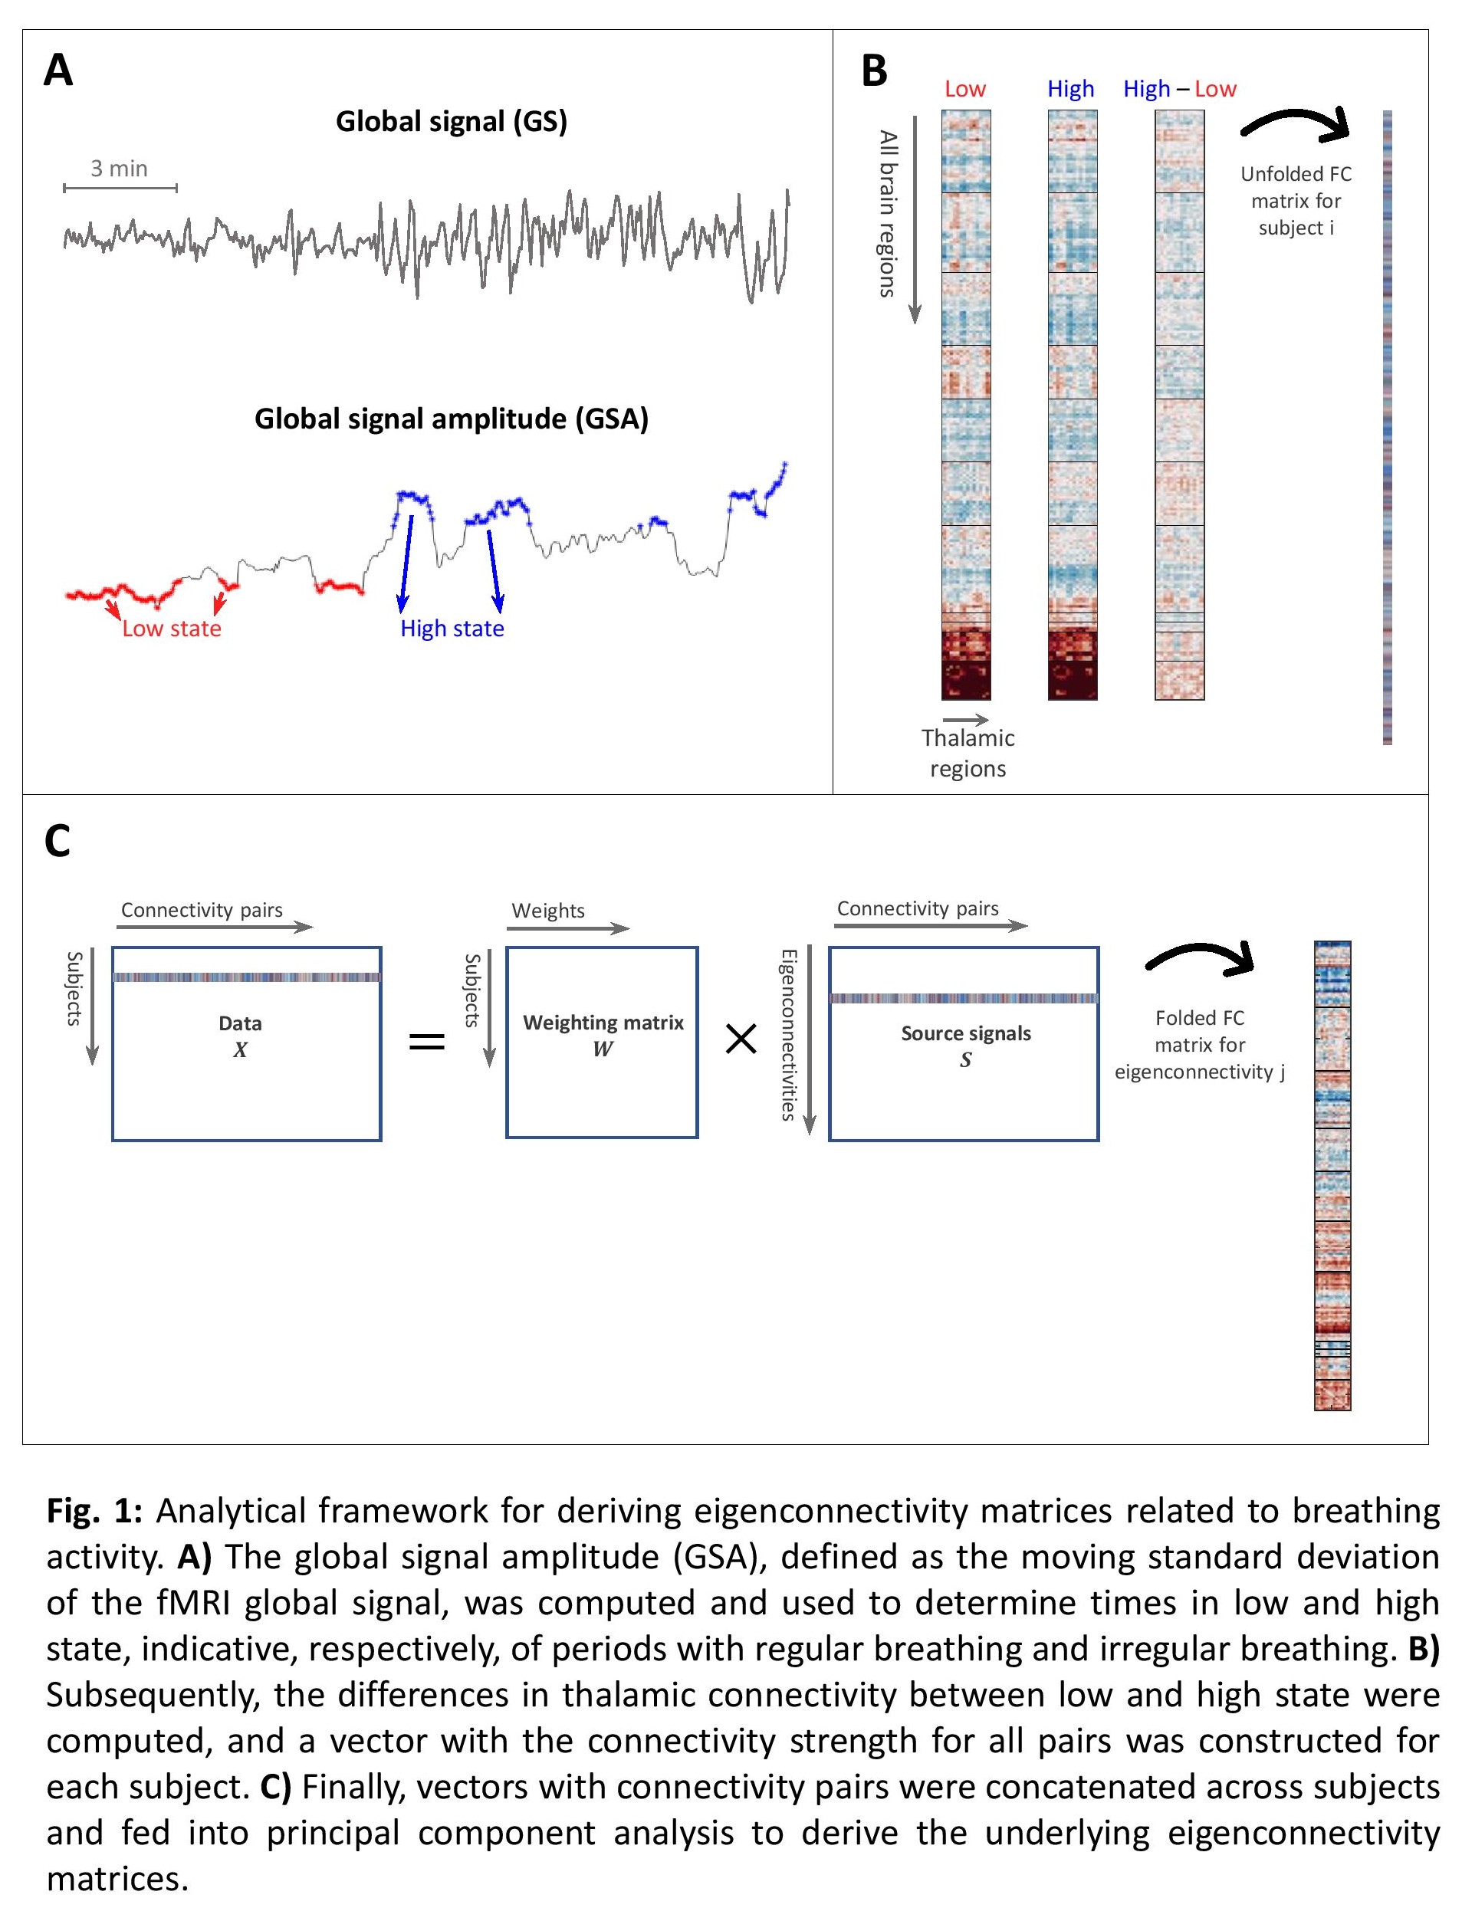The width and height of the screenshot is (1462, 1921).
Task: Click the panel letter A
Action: [x=58, y=71]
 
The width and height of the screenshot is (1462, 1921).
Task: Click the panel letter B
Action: [x=874, y=71]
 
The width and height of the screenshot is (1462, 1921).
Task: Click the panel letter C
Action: [x=57, y=842]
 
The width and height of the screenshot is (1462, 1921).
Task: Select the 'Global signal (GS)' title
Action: [x=451, y=121]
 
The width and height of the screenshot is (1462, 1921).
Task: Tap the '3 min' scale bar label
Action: [x=120, y=169]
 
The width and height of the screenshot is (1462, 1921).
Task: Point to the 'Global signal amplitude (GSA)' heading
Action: [x=451, y=419]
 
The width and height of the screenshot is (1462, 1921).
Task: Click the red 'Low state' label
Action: [x=172, y=628]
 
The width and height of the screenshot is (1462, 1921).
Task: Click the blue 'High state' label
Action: [x=452, y=628]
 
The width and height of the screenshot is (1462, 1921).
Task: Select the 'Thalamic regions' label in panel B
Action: [x=968, y=753]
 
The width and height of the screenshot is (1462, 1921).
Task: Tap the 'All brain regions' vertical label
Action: [x=888, y=214]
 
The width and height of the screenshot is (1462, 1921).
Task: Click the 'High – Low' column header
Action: [x=1179, y=89]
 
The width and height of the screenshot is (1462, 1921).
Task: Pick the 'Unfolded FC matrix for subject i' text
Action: [x=1296, y=201]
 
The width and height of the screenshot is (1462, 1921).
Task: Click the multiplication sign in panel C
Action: [x=741, y=1039]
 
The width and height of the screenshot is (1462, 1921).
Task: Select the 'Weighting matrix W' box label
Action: [x=603, y=1034]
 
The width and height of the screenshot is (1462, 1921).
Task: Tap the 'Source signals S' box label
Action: [x=966, y=1045]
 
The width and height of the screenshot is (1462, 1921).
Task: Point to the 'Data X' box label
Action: [x=240, y=1036]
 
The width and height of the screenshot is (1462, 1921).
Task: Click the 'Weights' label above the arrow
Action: [x=548, y=911]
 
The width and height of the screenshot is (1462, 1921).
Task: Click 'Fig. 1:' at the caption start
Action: [x=94, y=1511]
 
